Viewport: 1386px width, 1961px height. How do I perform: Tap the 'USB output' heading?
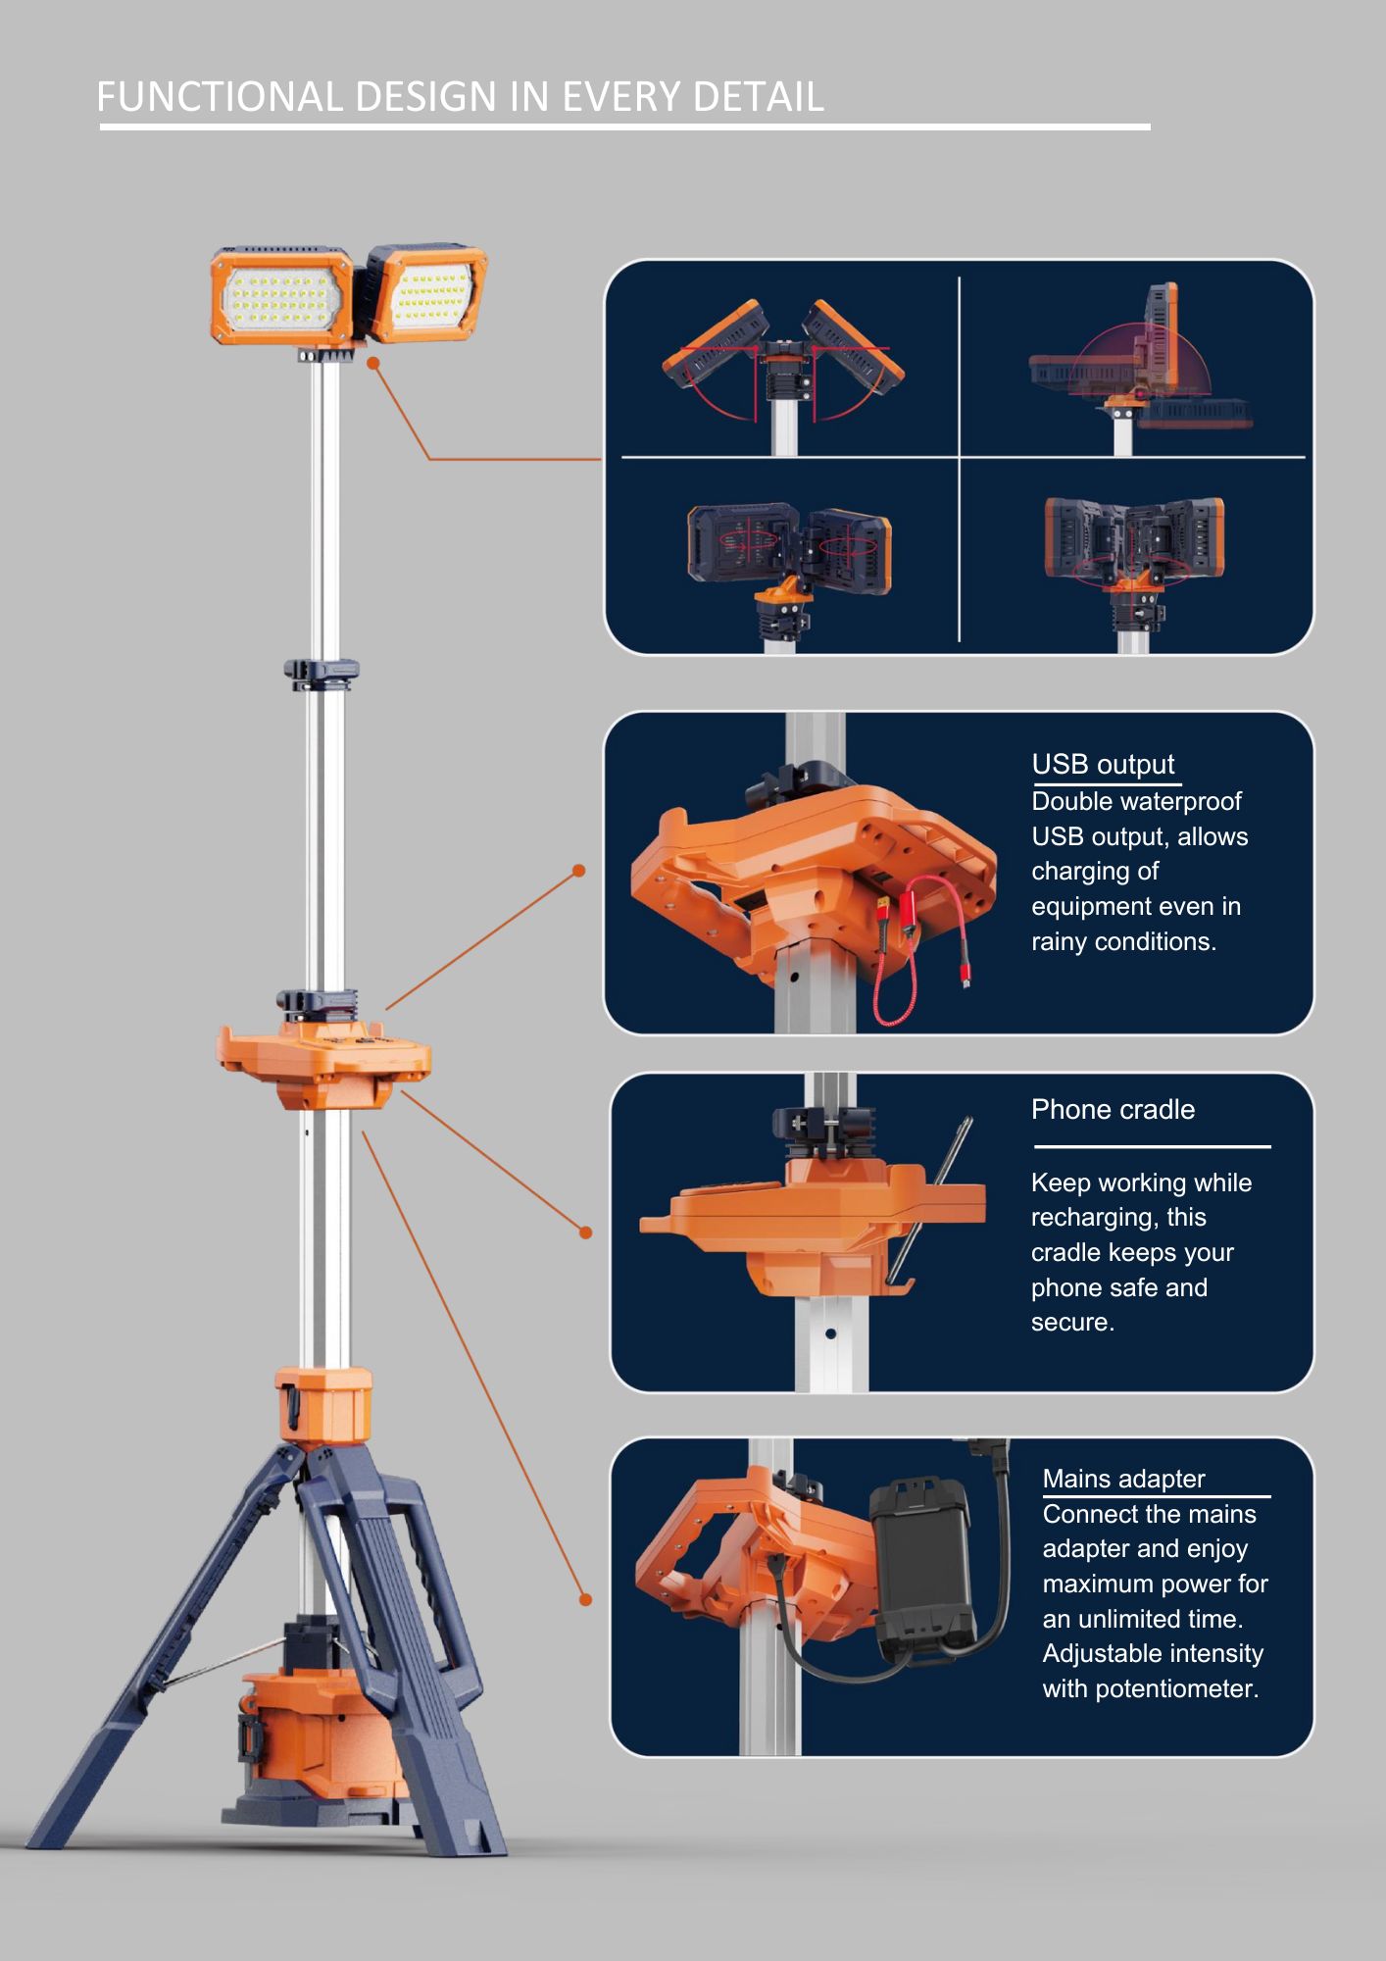1103,764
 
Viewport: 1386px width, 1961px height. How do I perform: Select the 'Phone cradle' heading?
1113,1109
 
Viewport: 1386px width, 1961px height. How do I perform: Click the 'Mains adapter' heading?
1123,1479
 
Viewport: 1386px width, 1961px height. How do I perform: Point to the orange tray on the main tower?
323,1064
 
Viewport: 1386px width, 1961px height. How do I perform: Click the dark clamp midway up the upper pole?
322,674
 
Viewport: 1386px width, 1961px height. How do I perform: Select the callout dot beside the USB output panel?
578,871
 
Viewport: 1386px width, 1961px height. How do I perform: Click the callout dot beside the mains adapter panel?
585,1599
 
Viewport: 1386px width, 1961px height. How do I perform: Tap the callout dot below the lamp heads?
373,363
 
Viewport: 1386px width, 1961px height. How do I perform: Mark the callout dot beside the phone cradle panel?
585,1232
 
